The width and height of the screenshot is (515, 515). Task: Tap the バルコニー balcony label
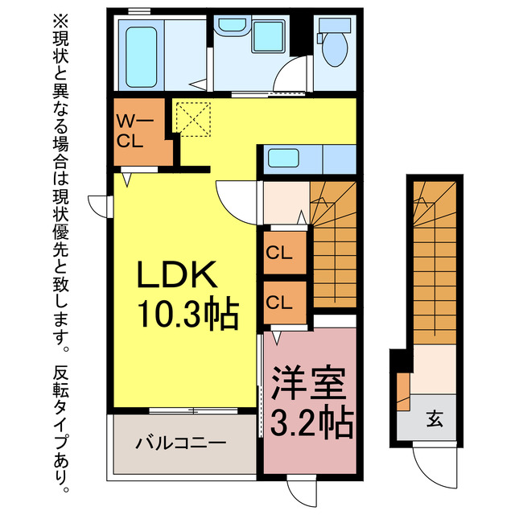pyautogui.click(x=180, y=442)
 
